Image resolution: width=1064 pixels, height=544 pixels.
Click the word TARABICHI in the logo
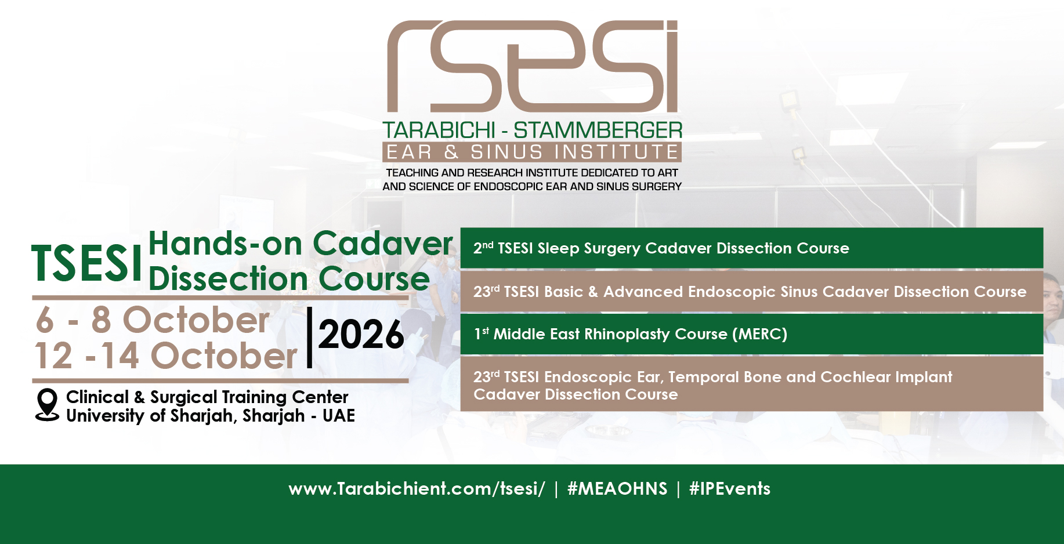(439, 130)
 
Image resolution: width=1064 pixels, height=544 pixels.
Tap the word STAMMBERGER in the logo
(598, 130)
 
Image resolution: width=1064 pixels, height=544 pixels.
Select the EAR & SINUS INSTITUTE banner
(532, 152)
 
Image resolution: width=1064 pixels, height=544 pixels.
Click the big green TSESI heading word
(87, 263)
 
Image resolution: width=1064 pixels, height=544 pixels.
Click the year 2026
(361, 335)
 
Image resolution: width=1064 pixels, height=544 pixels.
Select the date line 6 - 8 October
(153, 320)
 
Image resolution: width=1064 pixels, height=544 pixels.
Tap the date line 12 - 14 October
(166, 355)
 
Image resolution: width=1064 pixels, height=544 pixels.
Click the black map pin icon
(47, 404)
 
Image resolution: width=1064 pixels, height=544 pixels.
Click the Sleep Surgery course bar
(752, 248)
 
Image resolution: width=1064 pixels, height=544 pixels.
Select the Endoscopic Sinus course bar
(752, 292)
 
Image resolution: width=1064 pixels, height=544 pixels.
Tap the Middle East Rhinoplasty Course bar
(752, 334)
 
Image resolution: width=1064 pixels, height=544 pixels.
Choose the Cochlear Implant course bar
(752, 384)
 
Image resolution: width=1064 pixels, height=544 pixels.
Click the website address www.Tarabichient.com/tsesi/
(417, 489)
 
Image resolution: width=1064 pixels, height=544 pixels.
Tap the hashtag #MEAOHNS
(617, 489)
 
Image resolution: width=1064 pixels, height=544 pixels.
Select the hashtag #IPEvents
(730, 489)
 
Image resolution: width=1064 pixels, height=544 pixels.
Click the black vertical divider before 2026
(309, 338)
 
